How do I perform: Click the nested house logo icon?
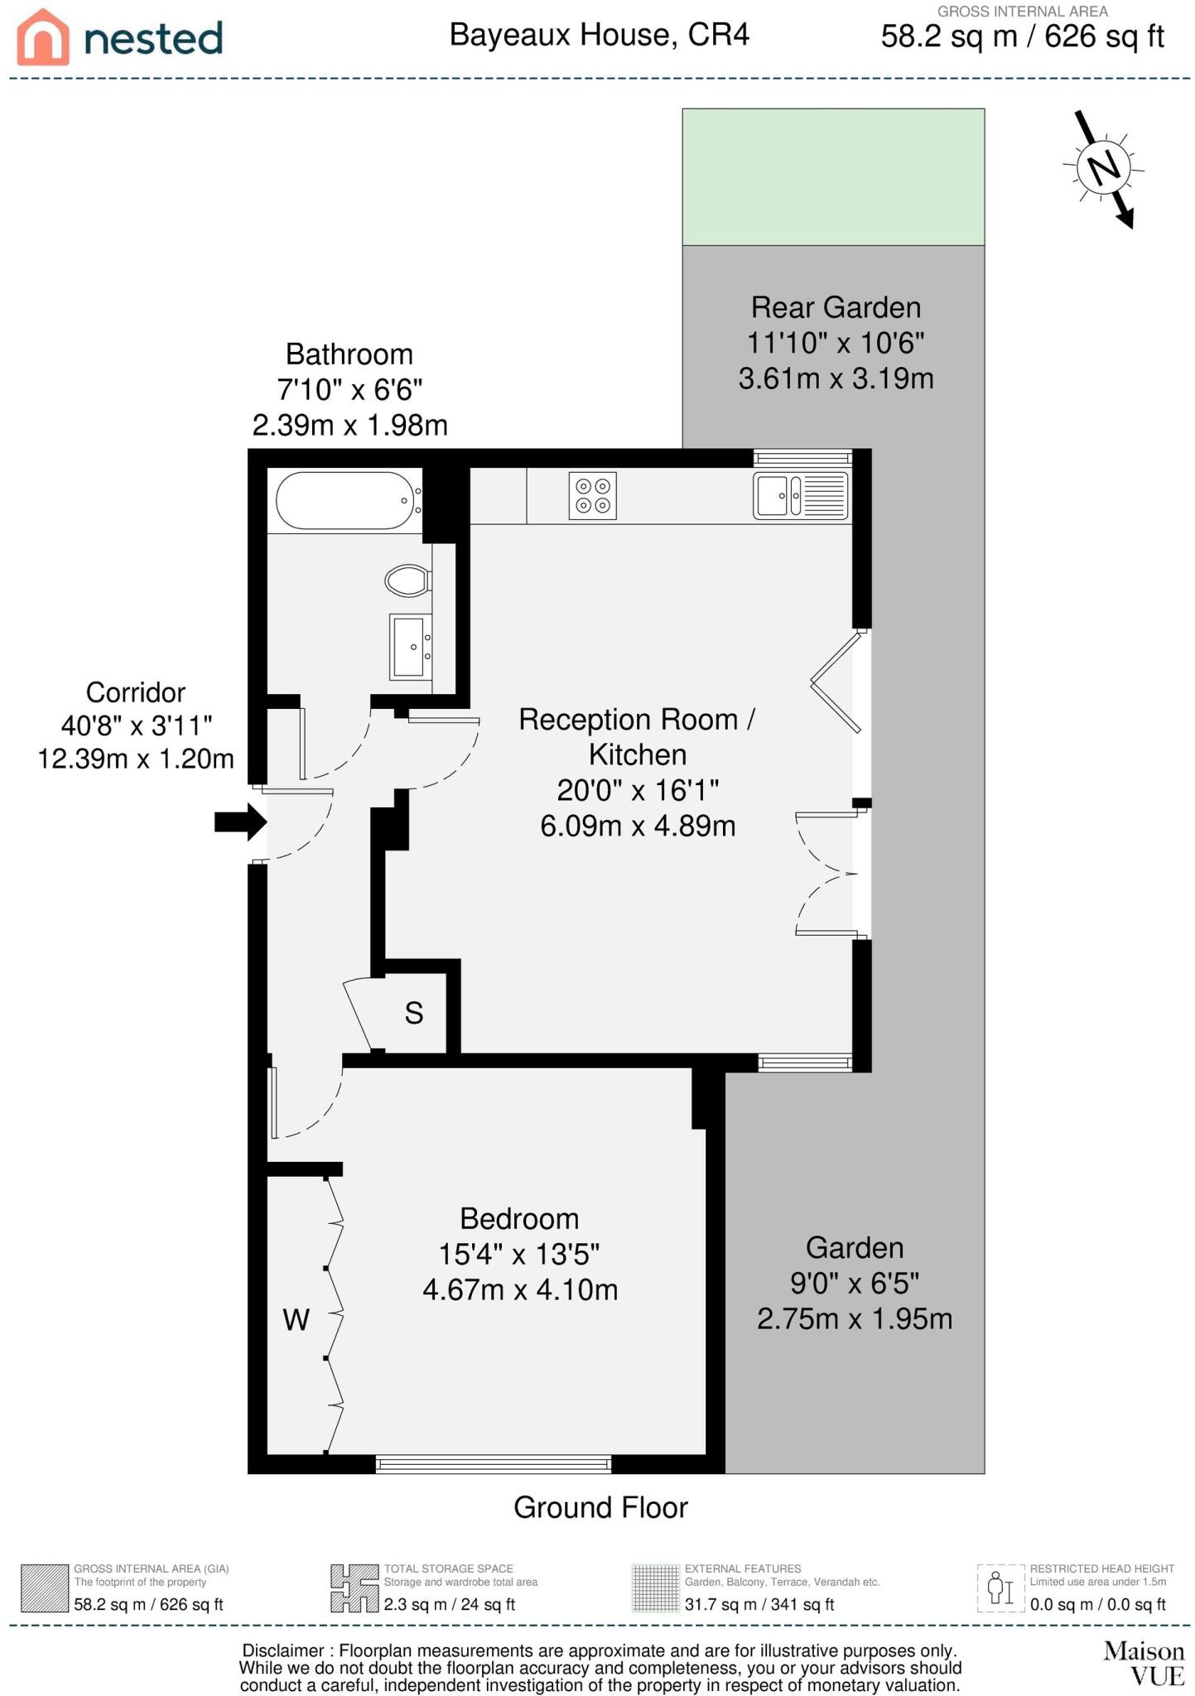click(x=44, y=37)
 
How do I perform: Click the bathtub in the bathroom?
click(x=345, y=500)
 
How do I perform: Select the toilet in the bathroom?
click(x=407, y=580)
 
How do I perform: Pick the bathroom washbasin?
click(x=411, y=646)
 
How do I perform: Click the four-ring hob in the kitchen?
click(x=592, y=496)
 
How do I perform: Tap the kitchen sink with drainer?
click(x=800, y=495)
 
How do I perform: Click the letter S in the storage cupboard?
click(x=414, y=1013)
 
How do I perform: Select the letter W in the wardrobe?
click(x=296, y=1319)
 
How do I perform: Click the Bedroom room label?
click(x=519, y=1218)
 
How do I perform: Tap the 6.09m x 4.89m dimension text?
click(x=638, y=826)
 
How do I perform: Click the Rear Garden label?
click(x=836, y=307)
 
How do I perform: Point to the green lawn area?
click(x=833, y=176)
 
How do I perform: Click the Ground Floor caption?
click(x=600, y=1507)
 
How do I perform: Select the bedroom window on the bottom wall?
click(x=494, y=1464)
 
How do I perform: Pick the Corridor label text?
click(x=136, y=692)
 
